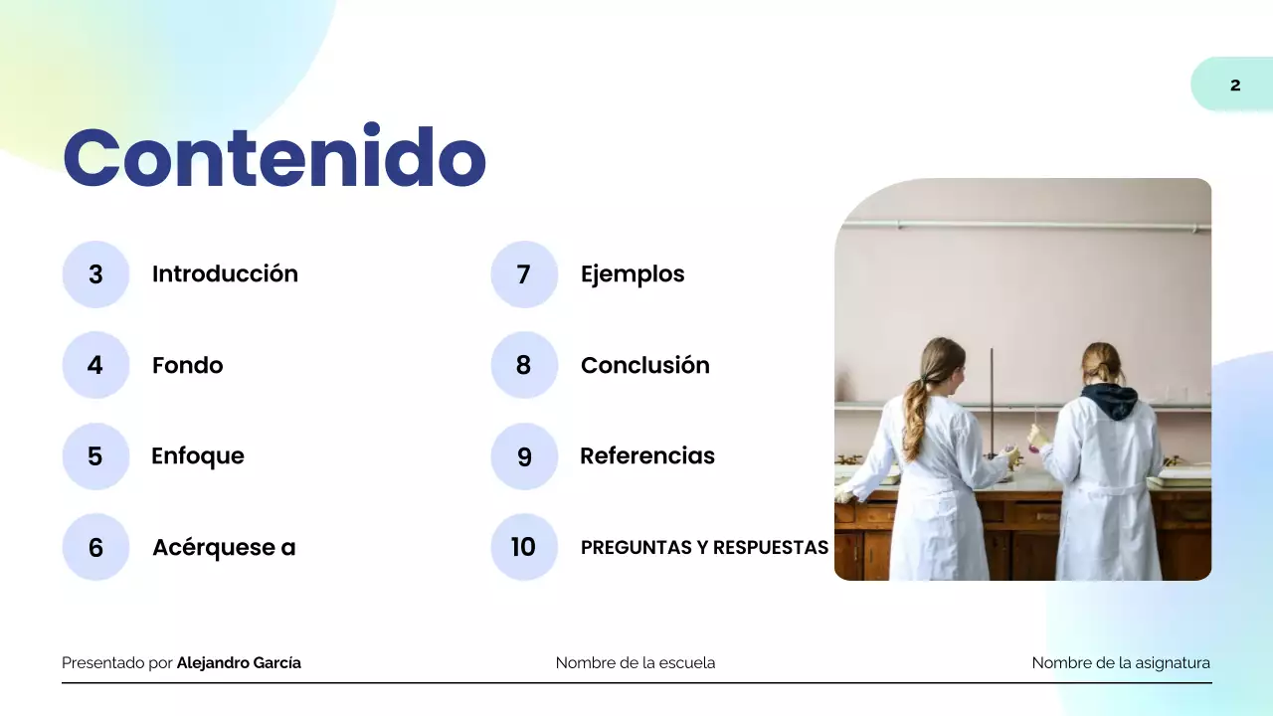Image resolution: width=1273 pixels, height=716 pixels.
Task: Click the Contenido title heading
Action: (274, 157)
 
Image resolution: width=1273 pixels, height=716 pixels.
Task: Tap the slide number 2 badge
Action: (1234, 86)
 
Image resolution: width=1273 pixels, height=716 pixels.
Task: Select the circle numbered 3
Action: (95, 274)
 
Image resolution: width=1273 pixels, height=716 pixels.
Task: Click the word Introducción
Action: (225, 273)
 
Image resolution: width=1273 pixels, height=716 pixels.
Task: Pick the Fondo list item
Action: (187, 365)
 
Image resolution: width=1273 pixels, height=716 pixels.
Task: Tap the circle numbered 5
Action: (95, 456)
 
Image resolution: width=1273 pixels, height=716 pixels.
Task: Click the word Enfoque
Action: (197, 455)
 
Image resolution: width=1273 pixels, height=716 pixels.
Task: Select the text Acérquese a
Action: (224, 547)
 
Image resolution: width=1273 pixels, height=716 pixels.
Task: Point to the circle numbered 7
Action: (524, 274)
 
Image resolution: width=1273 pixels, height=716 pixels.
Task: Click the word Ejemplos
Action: (633, 273)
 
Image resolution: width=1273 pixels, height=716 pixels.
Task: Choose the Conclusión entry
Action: (644, 365)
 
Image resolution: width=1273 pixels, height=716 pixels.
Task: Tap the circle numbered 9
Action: (524, 456)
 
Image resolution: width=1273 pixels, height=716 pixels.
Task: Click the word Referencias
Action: (647, 455)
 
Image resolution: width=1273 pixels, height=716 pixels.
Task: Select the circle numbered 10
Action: (524, 547)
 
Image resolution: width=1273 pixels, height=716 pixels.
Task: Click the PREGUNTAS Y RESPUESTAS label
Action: (704, 547)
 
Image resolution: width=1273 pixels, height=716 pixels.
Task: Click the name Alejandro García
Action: (239, 662)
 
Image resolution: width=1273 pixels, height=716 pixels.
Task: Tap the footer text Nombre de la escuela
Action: (635, 662)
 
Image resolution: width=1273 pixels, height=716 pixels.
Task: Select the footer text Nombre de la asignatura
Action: (1121, 662)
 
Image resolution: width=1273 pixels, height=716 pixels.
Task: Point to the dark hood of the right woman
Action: (1109, 400)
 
